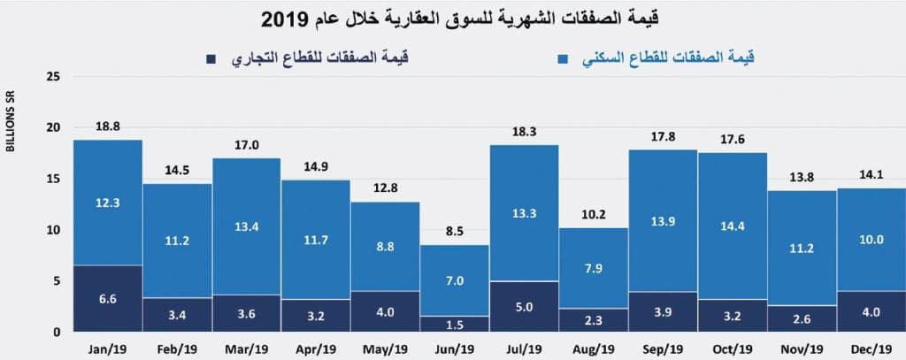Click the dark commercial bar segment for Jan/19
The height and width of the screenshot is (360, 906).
[108, 298]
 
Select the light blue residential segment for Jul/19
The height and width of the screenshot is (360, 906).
[524, 213]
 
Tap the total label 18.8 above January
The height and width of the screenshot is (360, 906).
[108, 127]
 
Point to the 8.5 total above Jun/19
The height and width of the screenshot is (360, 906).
[455, 233]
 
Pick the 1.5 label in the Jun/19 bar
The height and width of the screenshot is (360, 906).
[455, 324]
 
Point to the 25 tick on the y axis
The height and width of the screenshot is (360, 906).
[54, 76]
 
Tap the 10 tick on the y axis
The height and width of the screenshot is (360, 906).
[54, 230]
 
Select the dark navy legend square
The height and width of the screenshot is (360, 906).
[211, 59]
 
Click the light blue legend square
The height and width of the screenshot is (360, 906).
[560, 59]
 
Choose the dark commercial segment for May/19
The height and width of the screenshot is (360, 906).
[386, 311]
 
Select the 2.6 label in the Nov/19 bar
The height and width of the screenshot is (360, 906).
[802, 318]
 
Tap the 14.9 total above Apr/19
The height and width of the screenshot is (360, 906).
[316, 167]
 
